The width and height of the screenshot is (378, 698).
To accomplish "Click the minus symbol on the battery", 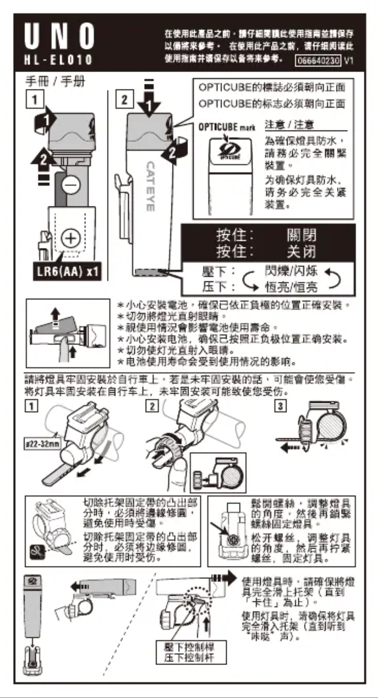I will click(x=72, y=185).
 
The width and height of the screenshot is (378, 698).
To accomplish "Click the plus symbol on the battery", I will click(x=70, y=239).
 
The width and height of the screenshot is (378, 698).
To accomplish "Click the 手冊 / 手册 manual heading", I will click(x=55, y=82).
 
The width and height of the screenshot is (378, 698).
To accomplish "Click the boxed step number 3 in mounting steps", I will click(x=279, y=406).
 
